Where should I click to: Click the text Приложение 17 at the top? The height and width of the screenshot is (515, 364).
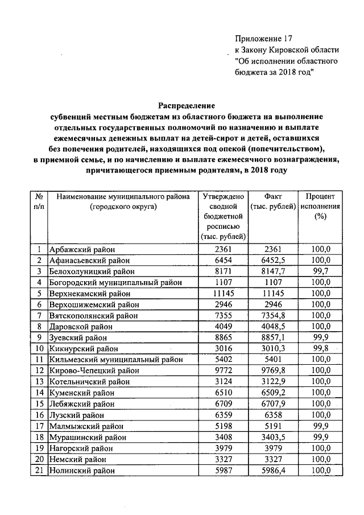(263, 39)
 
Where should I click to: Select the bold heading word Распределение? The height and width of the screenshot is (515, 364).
(186, 105)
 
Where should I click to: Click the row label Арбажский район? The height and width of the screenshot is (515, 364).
(81, 249)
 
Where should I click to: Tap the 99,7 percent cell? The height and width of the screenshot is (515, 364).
(320, 271)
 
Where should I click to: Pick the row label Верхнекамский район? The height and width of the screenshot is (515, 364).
(90, 293)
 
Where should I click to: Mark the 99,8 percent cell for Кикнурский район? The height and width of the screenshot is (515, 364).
(320, 348)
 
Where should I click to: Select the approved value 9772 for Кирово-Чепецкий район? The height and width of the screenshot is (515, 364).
(223, 370)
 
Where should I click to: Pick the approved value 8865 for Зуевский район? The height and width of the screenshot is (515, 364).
(223, 337)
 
